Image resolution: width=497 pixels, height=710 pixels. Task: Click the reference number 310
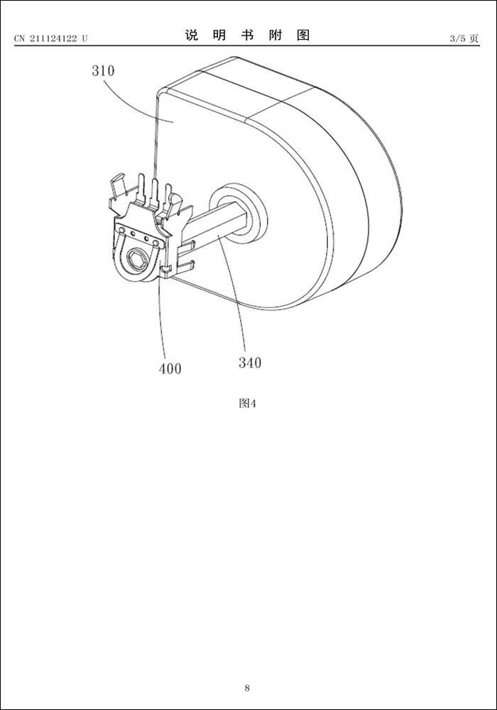click(103, 70)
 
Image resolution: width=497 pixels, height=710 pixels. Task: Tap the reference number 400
click(170, 368)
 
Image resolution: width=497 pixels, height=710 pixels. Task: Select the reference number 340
click(250, 362)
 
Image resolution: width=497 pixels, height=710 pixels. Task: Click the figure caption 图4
click(248, 403)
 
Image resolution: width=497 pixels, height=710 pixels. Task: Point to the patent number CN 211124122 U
click(50, 38)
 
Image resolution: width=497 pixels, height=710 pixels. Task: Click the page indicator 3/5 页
click(464, 38)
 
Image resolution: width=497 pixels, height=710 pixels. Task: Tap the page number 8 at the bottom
click(247, 688)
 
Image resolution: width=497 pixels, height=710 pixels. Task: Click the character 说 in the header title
click(192, 35)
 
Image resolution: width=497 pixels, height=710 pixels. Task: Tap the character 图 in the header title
click(303, 35)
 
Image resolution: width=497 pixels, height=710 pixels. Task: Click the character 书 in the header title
click(247, 35)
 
